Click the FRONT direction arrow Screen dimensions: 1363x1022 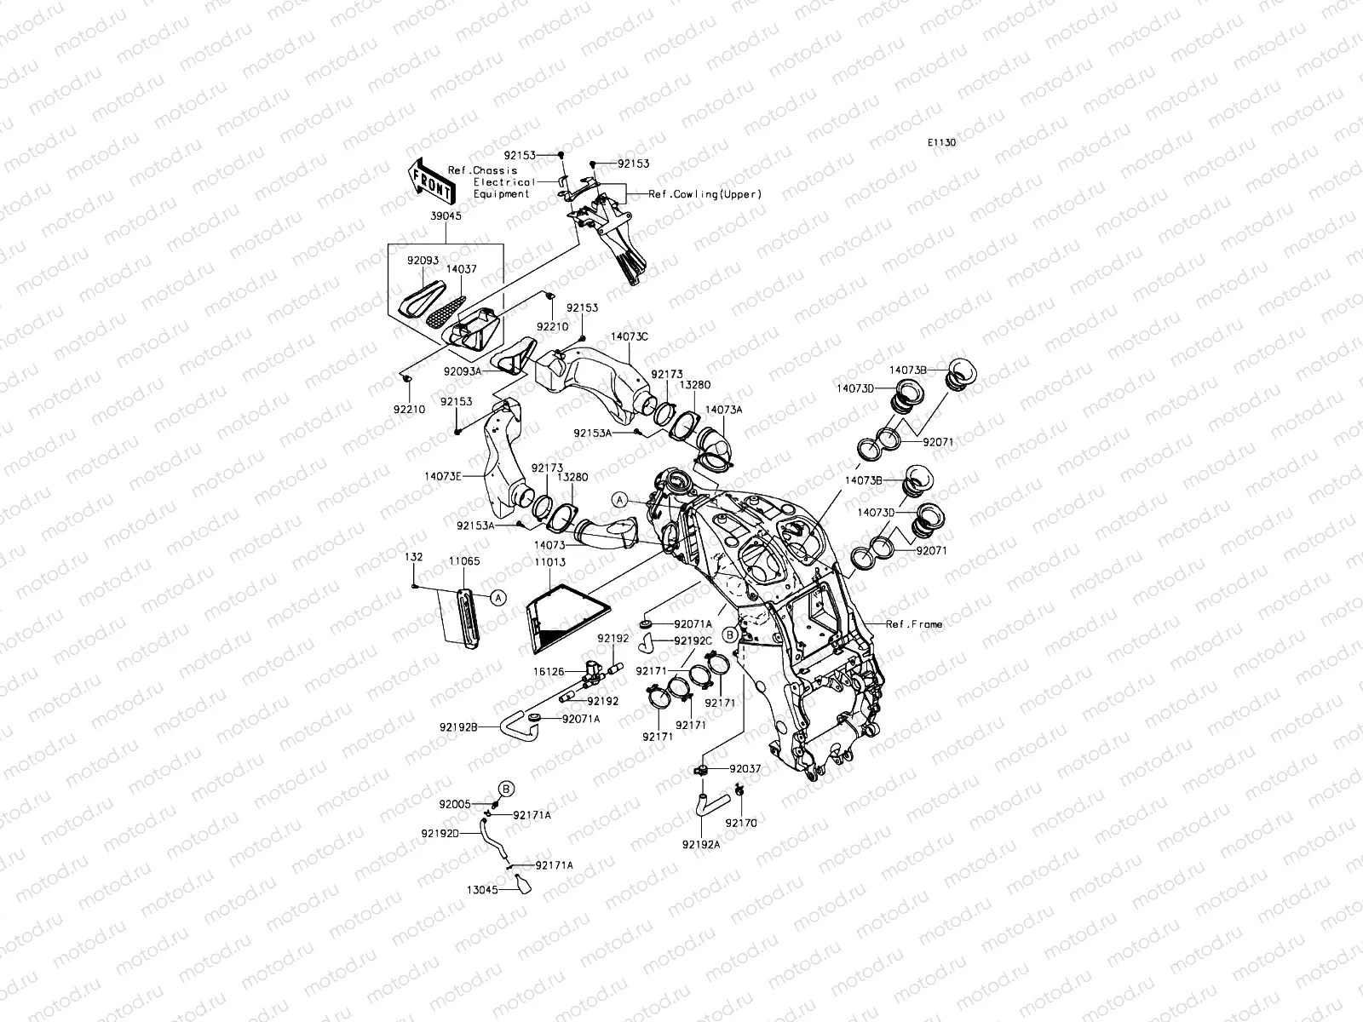(x=432, y=181)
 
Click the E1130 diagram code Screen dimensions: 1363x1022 (x=941, y=142)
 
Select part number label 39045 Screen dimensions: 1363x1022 (x=446, y=216)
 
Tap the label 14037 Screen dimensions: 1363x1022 (x=462, y=269)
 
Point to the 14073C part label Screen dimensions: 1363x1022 (x=629, y=336)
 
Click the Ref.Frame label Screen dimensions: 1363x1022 (x=914, y=624)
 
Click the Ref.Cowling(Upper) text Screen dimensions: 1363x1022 (x=705, y=194)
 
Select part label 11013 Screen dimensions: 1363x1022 (x=550, y=562)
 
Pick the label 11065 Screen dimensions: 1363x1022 (x=464, y=561)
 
